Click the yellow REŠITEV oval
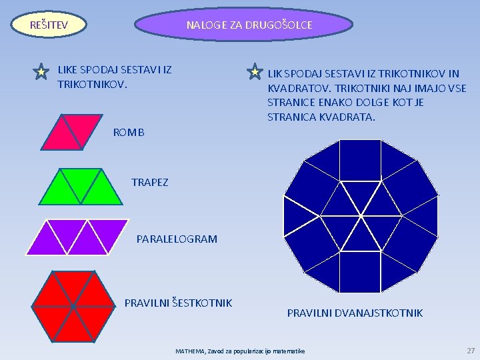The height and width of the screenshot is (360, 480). [x=49, y=25]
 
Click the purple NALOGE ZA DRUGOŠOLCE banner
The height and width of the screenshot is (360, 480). [x=244, y=25]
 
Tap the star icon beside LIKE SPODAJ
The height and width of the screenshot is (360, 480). [x=41, y=71]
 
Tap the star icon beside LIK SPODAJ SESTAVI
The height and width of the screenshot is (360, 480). [x=255, y=71]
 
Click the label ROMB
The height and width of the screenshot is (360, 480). [x=129, y=133]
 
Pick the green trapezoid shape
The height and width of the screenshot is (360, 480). [x=83, y=186]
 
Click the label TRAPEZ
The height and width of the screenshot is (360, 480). [x=150, y=182]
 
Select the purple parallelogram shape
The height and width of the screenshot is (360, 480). [x=77, y=237]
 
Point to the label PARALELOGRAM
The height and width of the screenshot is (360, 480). [x=177, y=239]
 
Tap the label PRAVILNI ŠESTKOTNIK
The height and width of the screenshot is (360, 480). [x=178, y=303]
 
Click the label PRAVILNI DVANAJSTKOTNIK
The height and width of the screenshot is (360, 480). [x=355, y=313]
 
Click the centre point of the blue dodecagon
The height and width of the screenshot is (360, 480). [x=361, y=216]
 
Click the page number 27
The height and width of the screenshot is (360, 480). [x=471, y=350]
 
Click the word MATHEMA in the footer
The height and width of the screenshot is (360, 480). [x=190, y=351]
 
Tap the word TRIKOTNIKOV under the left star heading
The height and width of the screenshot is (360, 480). [x=91, y=85]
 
